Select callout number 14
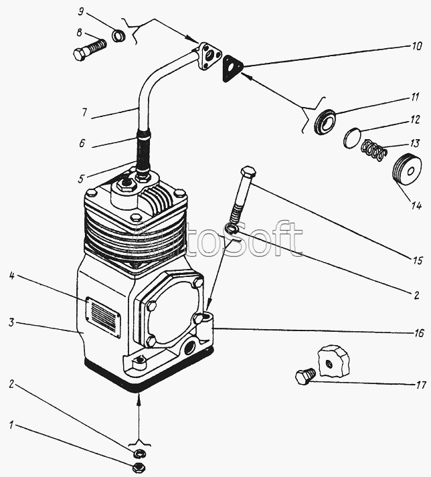416,206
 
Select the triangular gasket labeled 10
232,67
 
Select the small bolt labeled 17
303,378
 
